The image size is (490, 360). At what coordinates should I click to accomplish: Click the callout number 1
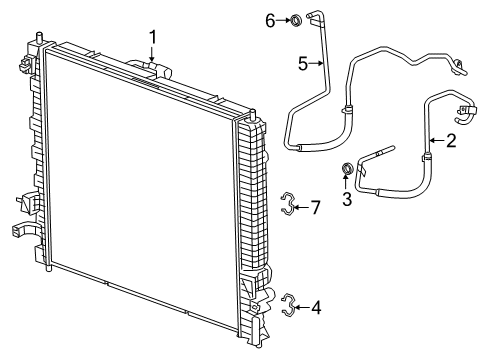[x=153, y=37]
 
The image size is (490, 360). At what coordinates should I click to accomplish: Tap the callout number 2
[x=451, y=141]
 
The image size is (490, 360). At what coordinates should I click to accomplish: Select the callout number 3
[x=348, y=199]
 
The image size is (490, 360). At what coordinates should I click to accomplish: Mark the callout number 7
[x=315, y=207]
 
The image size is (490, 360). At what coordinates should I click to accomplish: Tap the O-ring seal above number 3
[x=348, y=169]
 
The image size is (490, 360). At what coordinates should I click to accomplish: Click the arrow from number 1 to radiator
[x=153, y=55]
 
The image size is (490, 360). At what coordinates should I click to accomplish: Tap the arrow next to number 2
[x=437, y=141]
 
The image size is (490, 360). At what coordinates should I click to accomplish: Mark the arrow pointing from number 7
[x=301, y=207]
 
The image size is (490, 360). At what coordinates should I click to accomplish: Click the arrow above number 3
[x=348, y=184]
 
